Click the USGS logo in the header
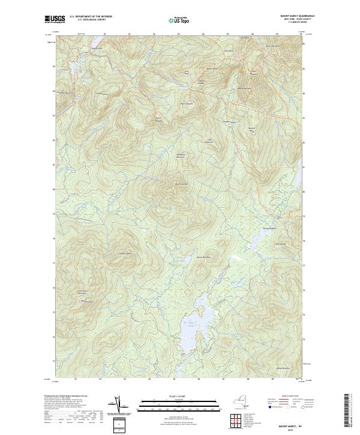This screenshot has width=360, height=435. [x=55, y=19]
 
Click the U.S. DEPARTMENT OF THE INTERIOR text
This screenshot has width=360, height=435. [x=90, y=17]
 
